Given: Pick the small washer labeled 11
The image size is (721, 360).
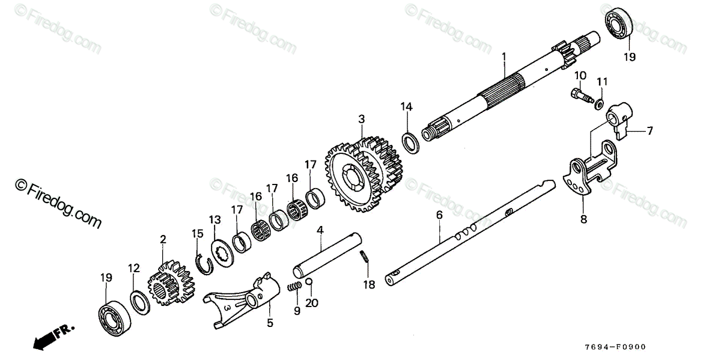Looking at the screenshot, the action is pyautogui.click(x=600, y=103).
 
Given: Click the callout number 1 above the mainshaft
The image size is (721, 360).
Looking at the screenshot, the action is pyautogui.click(x=505, y=58).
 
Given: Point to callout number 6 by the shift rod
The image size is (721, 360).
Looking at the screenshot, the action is pyautogui.click(x=439, y=214).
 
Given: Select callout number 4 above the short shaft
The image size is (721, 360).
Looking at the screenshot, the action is pyautogui.click(x=321, y=230).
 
